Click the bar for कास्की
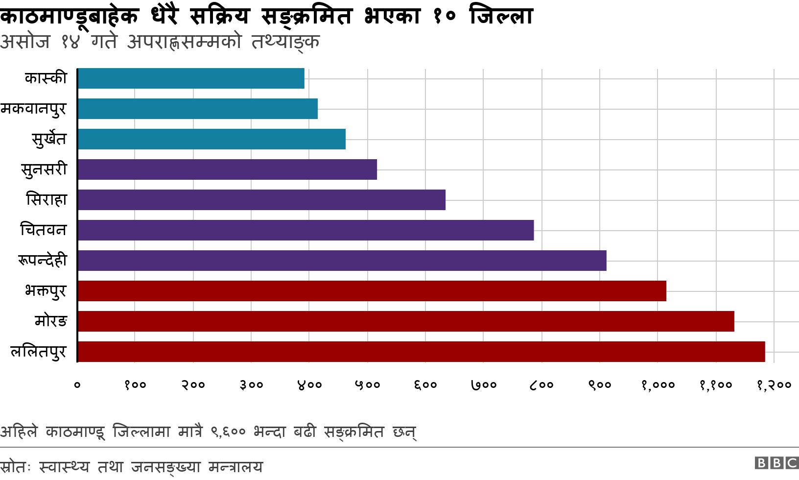[191, 78]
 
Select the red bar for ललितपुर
[421, 352]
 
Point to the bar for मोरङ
[406, 321]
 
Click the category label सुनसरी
[44, 170]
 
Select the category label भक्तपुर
[45, 291]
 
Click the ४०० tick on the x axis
[309, 385]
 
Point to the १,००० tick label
[658, 385]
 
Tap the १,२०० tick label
[774, 385]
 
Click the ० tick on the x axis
[77, 385]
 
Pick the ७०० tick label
[484, 385]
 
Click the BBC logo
[776, 463]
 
